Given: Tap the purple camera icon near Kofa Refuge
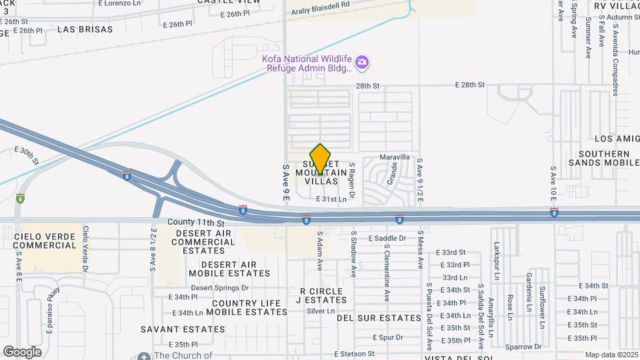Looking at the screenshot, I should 362,63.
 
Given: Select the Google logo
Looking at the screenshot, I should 22,351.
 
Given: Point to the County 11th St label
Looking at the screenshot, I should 196,221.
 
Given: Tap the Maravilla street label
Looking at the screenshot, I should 395,157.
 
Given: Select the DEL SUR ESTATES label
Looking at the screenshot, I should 379,318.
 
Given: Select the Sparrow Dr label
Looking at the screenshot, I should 523,347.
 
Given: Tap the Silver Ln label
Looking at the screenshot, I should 321,311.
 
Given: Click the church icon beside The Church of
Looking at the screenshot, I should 144,356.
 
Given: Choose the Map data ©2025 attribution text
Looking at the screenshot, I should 611,355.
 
